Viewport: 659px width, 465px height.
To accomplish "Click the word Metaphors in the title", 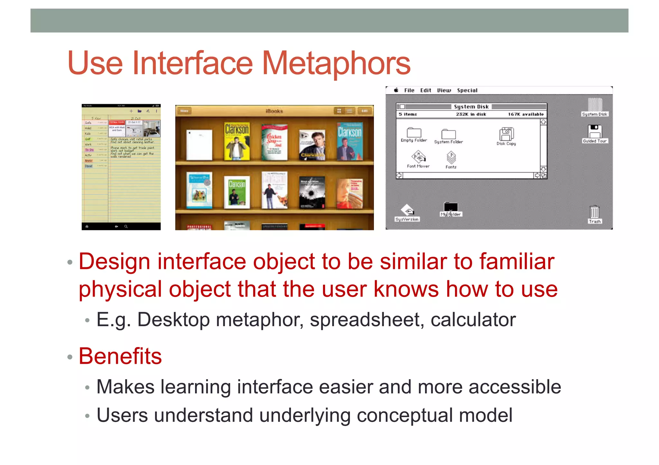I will pyautogui.click(x=336, y=63).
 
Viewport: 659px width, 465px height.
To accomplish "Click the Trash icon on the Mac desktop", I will pyautogui.click(x=594, y=213).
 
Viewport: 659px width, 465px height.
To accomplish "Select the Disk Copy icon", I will pyautogui.click(x=506, y=134).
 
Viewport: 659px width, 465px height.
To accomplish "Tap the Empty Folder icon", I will pyautogui.click(x=414, y=132).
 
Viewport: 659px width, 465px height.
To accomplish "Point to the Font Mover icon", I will pyautogui.click(x=418, y=157).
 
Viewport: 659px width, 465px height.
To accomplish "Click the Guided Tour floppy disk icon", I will pyautogui.click(x=594, y=131).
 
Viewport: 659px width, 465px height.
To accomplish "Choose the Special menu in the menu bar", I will pyautogui.click(x=467, y=90).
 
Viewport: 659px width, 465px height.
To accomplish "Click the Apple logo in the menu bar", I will pyautogui.click(x=396, y=90).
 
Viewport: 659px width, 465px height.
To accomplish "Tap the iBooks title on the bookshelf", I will pyautogui.click(x=274, y=111).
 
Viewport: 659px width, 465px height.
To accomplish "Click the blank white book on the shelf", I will pyautogui.click(x=200, y=145).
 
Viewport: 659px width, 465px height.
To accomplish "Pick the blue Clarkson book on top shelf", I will pyautogui.click(x=349, y=141).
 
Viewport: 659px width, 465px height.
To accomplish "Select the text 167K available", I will pyautogui.click(x=525, y=114).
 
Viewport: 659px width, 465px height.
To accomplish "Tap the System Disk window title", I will pyautogui.click(x=471, y=107).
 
